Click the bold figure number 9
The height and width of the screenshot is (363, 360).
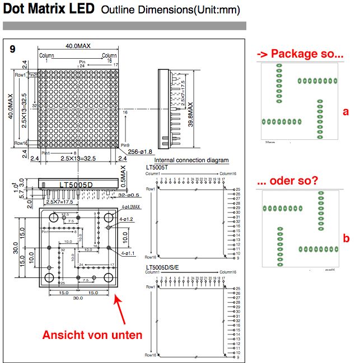[13, 49]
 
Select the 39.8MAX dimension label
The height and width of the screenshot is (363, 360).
[190, 115]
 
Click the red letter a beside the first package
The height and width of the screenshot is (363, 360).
[345, 111]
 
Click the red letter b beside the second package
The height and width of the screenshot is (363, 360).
[346, 238]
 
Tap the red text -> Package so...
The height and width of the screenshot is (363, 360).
[300, 54]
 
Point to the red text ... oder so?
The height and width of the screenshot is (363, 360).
[288, 181]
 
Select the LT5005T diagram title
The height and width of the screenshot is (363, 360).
[158, 167]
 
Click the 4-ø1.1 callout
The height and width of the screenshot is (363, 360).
[128, 253]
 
